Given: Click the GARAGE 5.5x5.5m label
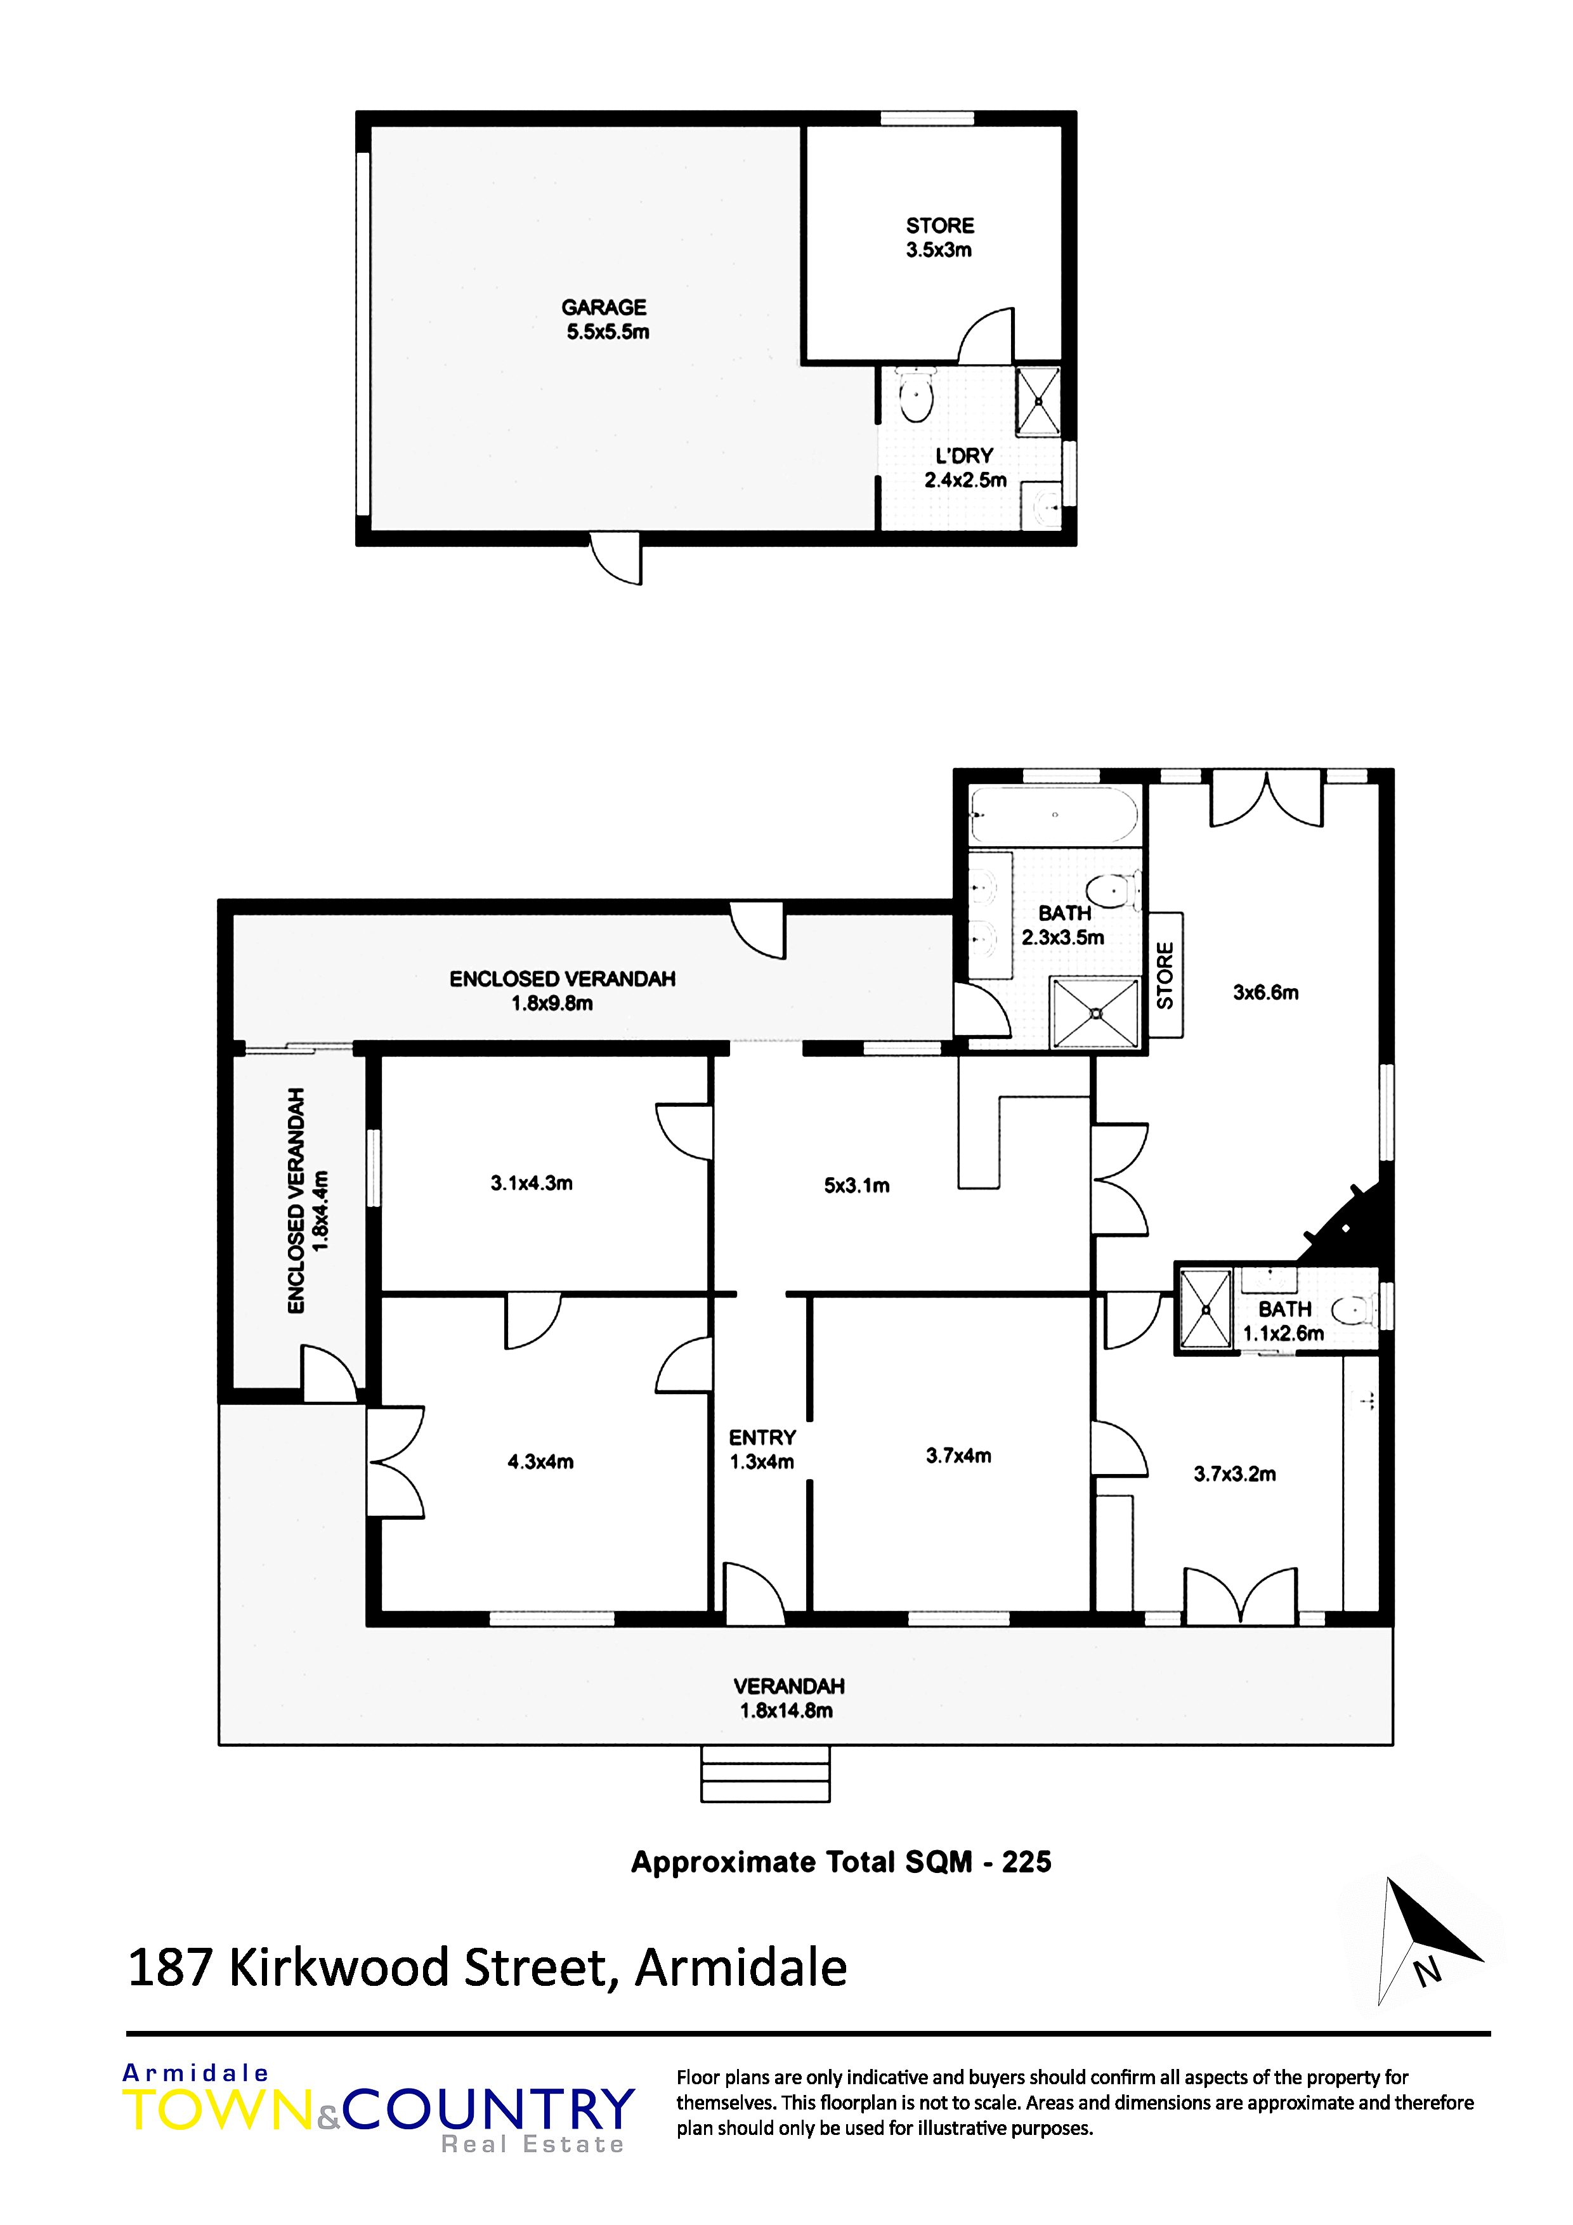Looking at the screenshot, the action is (x=606, y=320).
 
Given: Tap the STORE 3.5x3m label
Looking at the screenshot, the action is (x=940, y=237).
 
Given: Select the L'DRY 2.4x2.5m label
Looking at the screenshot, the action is (x=965, y=468).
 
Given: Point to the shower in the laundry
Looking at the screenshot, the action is (x=1038, y=401).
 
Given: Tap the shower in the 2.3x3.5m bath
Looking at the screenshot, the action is (x=1095, y=1013).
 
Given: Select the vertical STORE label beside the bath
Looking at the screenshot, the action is (x=1165, y=975).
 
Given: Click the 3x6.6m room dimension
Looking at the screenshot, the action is (x=1266, y=993).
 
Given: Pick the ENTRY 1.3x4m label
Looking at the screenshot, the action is (x=763, y=1450).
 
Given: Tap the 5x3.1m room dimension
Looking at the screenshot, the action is (x=857, y=1185).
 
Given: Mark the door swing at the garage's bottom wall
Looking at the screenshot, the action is (x=615, y=559).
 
